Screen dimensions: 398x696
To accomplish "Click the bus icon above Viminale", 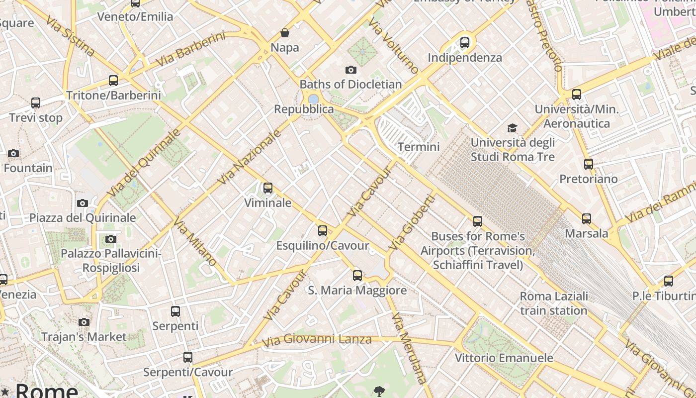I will [268, 188].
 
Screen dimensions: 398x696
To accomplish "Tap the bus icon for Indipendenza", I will [465, 43].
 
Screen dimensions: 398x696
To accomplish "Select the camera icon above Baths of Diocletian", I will [351, 70].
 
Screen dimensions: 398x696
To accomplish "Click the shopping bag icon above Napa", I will [285, 33].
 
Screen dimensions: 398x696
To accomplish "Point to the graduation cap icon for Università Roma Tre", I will [513, 128].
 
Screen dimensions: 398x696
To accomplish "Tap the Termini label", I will [419, 147].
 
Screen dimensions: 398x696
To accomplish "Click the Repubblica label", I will [304, 109].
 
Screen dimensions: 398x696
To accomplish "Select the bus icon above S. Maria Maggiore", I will [357, 275].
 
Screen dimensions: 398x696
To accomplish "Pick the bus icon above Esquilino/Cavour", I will [323, 230].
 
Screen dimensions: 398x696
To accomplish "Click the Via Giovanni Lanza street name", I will [317, 340].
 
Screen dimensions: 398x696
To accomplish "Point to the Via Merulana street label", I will [409, 348].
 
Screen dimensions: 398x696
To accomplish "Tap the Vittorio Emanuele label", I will [504, 358].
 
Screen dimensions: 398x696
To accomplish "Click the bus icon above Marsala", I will [587, 218].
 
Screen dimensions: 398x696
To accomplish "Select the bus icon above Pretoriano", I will [589, 164].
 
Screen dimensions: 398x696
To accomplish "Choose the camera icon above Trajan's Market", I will [84, 322].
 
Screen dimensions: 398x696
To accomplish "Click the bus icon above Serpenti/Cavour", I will [187, 357].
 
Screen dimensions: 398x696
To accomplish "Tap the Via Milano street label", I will [194, 242].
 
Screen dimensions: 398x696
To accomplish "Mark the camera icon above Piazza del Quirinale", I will [83, 203].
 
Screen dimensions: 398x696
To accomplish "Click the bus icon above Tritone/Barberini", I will [113, 80].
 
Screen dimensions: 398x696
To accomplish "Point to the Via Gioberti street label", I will [412, 222].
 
